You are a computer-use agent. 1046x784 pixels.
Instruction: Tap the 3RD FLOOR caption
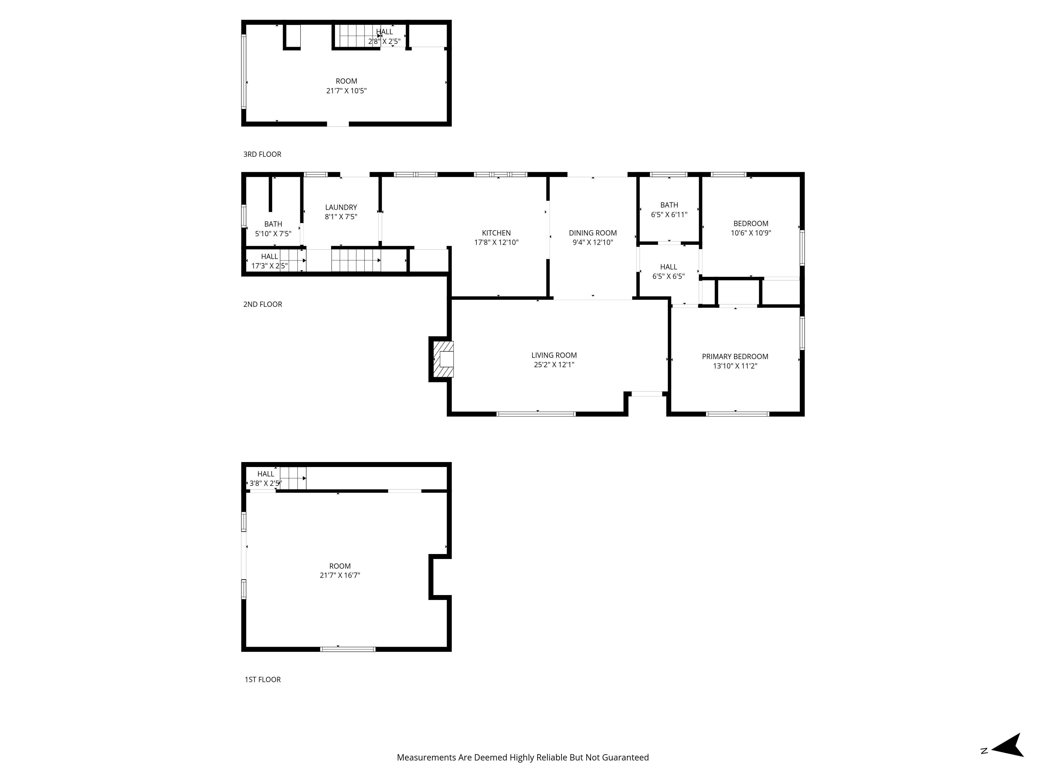[262, 154]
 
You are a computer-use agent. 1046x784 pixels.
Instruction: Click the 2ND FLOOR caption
[263, 304]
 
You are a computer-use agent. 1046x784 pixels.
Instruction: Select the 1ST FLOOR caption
[263, 679]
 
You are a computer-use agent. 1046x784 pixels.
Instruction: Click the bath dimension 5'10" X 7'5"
[273, 233]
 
